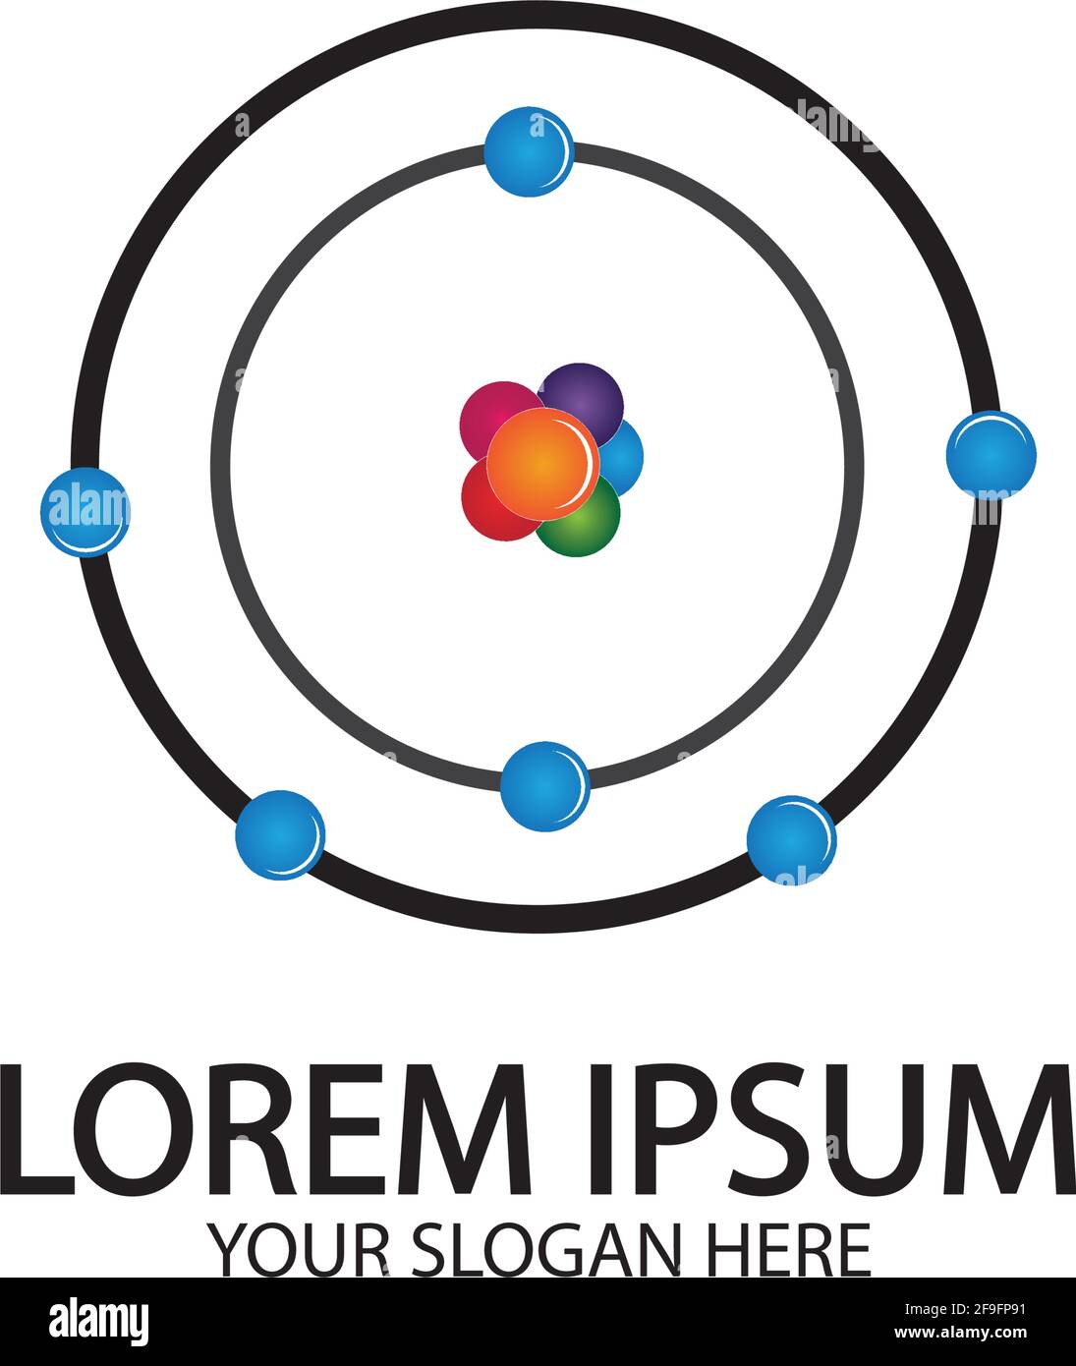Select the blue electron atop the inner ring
(x=529, y=152)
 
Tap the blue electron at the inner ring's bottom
(x=544, y=786)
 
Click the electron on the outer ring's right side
(x=991, y=454)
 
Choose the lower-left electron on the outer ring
(x=280, y=834)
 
